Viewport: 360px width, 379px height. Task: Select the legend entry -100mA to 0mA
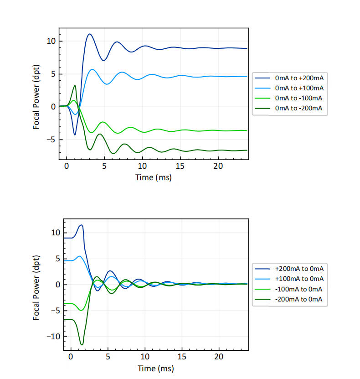click(x=298, y=289)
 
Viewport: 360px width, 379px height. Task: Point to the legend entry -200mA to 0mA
click(x=298, y=299)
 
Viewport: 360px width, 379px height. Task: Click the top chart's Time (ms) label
click(x=154, y=177)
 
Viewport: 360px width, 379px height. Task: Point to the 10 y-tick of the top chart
click(x=51, y=41)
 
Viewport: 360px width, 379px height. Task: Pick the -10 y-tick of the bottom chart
click(x=52, y=337)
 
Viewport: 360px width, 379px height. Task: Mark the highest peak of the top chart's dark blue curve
click(x=90, y=34)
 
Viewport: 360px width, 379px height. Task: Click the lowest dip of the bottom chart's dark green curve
click(x=82, y=345)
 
